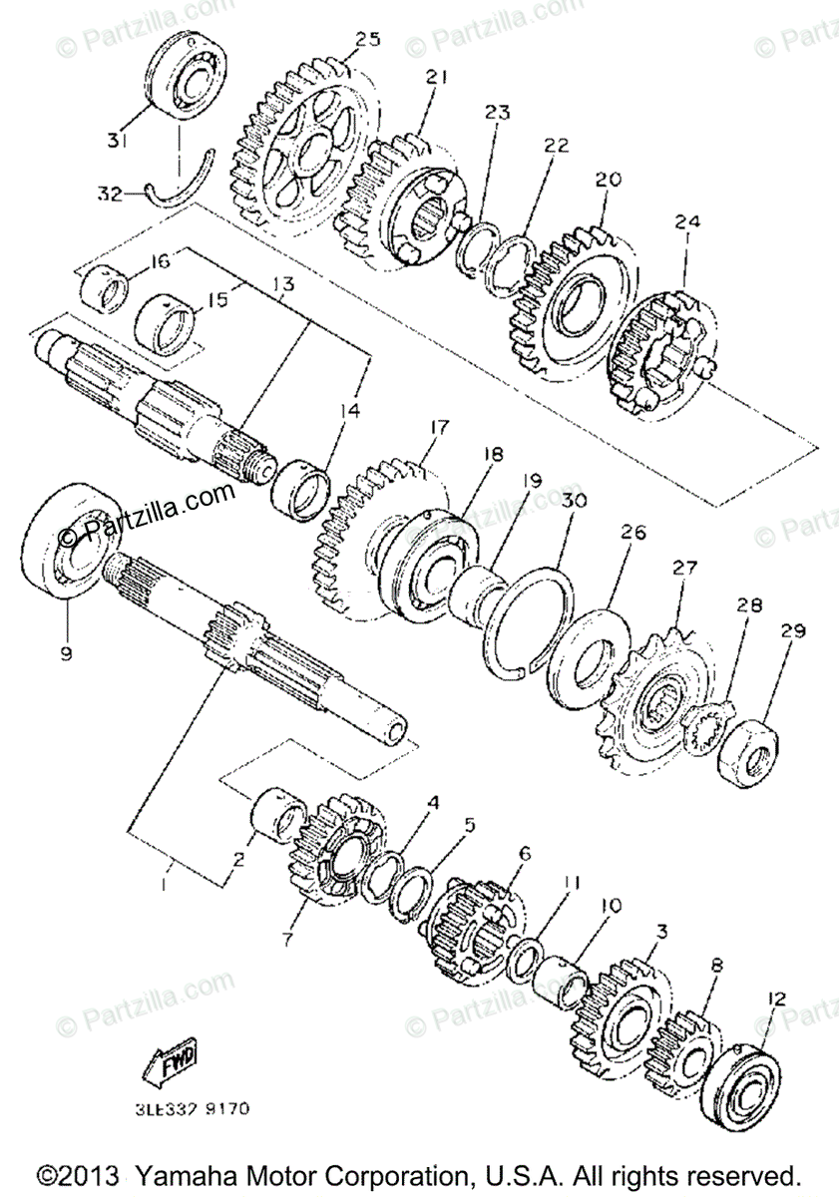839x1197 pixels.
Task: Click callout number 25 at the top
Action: [367, 39]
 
